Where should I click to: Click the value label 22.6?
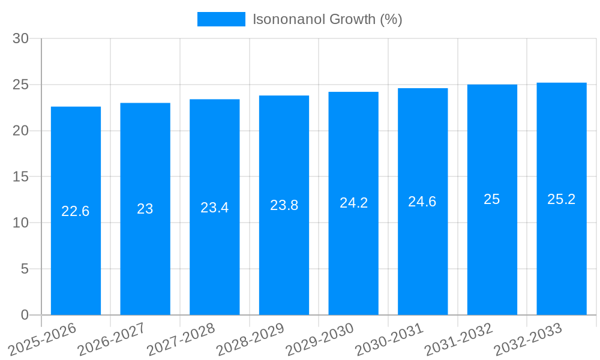pos(76,211)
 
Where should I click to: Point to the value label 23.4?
pos(214,208)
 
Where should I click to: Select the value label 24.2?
pos(353,203)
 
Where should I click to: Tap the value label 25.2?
pos(562,199)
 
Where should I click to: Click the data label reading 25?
pos(492,199)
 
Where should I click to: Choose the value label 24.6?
pos(422,202)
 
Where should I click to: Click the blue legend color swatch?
pos(221,19)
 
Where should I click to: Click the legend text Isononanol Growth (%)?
pos(327,19)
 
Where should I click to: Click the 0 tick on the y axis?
pos(25,315)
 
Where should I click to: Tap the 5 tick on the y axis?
pos(25,269)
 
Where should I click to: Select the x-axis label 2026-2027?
pos(112,340)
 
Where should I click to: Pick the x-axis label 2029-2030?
pos(319,340)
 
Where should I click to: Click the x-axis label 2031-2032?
pos(458,340)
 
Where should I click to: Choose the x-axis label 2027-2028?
pos(181,340)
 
